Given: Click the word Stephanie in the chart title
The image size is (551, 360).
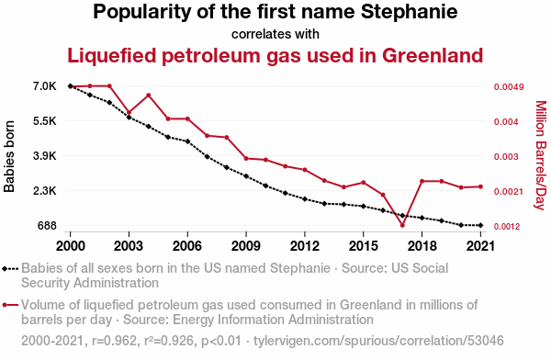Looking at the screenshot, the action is click(410, 12).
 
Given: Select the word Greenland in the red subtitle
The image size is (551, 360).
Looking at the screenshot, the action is click(433, 55).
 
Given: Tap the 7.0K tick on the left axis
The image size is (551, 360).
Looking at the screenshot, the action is click(45, 86).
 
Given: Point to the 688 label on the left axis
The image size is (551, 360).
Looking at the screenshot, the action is click(47, 226).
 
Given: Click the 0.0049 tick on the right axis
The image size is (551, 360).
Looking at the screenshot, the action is click(509, 87).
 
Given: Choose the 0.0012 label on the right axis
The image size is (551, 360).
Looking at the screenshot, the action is click(507, 227).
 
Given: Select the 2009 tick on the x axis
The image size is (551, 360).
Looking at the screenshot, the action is click(246, 246).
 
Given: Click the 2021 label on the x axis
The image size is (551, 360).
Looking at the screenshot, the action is click(480, 246).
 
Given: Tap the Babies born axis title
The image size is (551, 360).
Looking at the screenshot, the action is click(9, 156).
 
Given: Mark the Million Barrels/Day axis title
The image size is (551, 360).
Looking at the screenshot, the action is click(541, 155).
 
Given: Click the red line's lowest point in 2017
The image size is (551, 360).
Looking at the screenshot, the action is click(402, 225).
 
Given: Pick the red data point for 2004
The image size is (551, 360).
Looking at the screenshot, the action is click(148, 96).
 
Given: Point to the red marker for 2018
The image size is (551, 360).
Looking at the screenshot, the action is click(422, 181).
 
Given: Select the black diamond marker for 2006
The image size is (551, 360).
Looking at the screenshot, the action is click(187, 141).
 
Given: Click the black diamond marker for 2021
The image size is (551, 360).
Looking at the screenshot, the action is click(480, 225).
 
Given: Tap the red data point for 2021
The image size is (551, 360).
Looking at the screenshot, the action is click(480, 186).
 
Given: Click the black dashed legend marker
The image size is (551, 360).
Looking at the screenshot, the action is click(10, 269).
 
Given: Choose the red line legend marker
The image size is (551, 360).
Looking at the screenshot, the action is click(10, 305).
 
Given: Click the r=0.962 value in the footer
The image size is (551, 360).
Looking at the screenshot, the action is click(114, 341).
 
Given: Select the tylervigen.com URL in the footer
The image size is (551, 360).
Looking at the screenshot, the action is click(378, 341).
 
